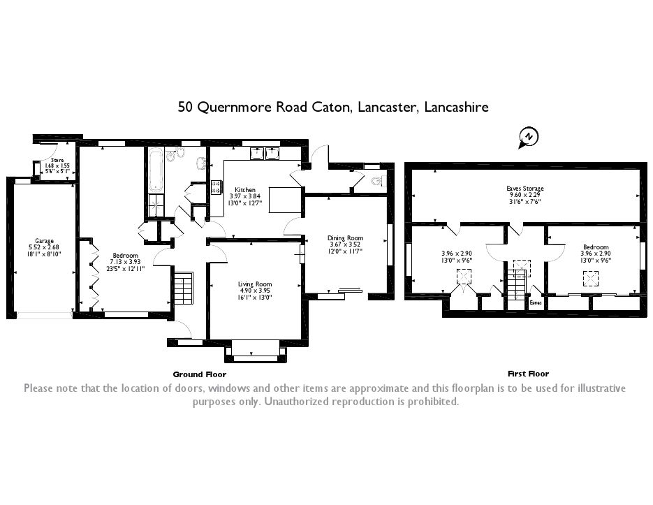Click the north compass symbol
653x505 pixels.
(529, 137)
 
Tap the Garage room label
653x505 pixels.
(44, 241)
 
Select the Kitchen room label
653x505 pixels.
(245, 190)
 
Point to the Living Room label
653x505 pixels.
(254, 284)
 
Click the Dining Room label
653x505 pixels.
(345, 238)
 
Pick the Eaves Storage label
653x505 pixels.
(524, 189)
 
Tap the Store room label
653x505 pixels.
(57, 160)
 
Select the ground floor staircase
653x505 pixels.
(183, 288)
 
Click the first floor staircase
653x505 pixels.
(517, 289)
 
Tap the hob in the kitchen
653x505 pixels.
(216, 187)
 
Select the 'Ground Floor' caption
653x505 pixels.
(200, 374)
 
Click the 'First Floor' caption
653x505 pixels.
(528, 374)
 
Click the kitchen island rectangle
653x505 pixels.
(285, 200)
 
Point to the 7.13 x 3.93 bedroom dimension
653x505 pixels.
(125, 262)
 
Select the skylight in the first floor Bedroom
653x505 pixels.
(590, 278)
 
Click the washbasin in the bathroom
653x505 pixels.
(200, 163)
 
